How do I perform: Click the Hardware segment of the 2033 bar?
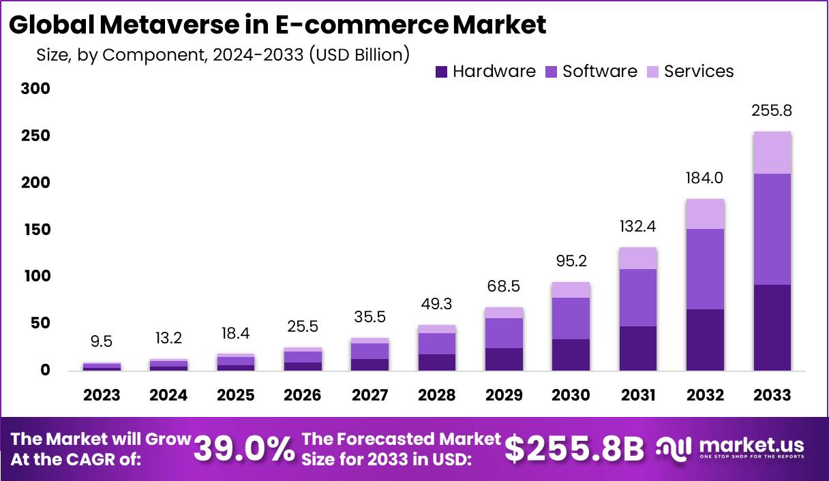click(772, 328)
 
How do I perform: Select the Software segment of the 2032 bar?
click(706, 269)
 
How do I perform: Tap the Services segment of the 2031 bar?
click(638, 258)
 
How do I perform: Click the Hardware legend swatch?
click(441, 72)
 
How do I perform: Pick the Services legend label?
click(698, 72)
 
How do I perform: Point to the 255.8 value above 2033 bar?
click(772, 110)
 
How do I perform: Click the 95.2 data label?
click(571, 261)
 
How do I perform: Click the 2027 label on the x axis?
click(370, 395)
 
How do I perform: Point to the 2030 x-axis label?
click(571, 395)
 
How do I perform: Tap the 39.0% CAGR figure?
click(244, 449)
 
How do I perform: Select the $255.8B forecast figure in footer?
click(575, 449)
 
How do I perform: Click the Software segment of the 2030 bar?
click(571, 318)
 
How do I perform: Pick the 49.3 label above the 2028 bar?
click(436, 304)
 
